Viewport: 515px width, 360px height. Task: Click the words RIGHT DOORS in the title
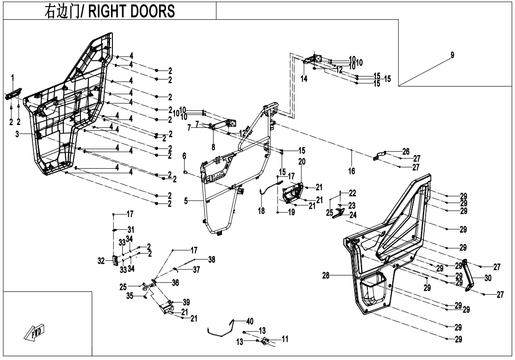tap(132, 11)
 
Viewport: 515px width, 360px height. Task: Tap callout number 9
tap(452, 55)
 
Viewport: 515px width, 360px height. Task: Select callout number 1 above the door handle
tap(13, 78)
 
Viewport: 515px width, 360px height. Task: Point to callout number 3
tap(17, 134)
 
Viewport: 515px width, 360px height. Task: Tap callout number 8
tap(213, 147)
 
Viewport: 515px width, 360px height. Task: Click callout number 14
tap(304, 79)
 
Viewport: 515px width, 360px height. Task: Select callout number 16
tap(351, 171)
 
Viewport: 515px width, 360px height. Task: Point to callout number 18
tap(261, 211)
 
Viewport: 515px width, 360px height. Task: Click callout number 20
tap(302, 162)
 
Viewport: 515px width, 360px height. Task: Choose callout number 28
tap(325, 275)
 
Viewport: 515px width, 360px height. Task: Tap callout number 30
tap(488, 278)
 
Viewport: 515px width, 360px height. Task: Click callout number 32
tap(101, 261)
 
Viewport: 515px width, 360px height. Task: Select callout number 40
tap(250, 321)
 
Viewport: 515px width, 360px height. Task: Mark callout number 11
tap(285, 339)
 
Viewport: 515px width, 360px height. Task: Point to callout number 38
tap(212, 259)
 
